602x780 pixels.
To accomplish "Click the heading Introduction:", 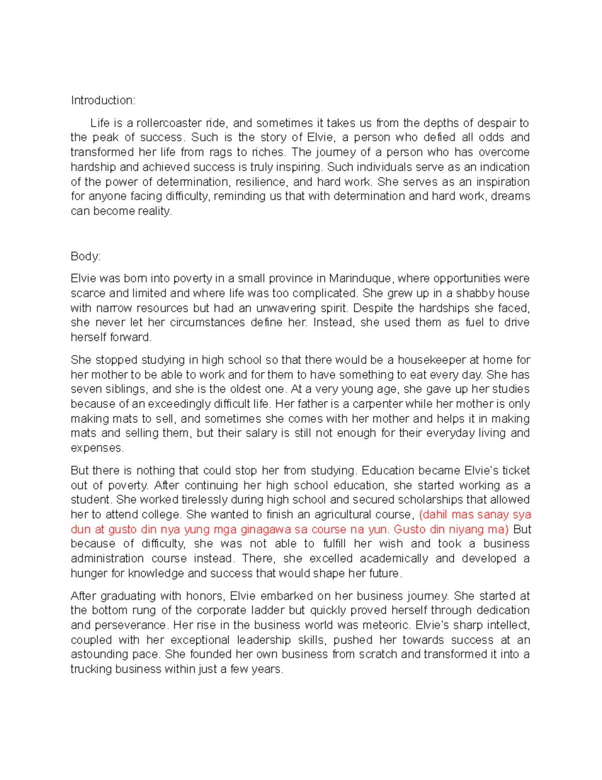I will [103, 100].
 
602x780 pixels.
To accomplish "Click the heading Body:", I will [86, 256].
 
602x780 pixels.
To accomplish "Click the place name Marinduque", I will [360, 278].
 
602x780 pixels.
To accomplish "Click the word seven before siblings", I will [86, 389].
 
